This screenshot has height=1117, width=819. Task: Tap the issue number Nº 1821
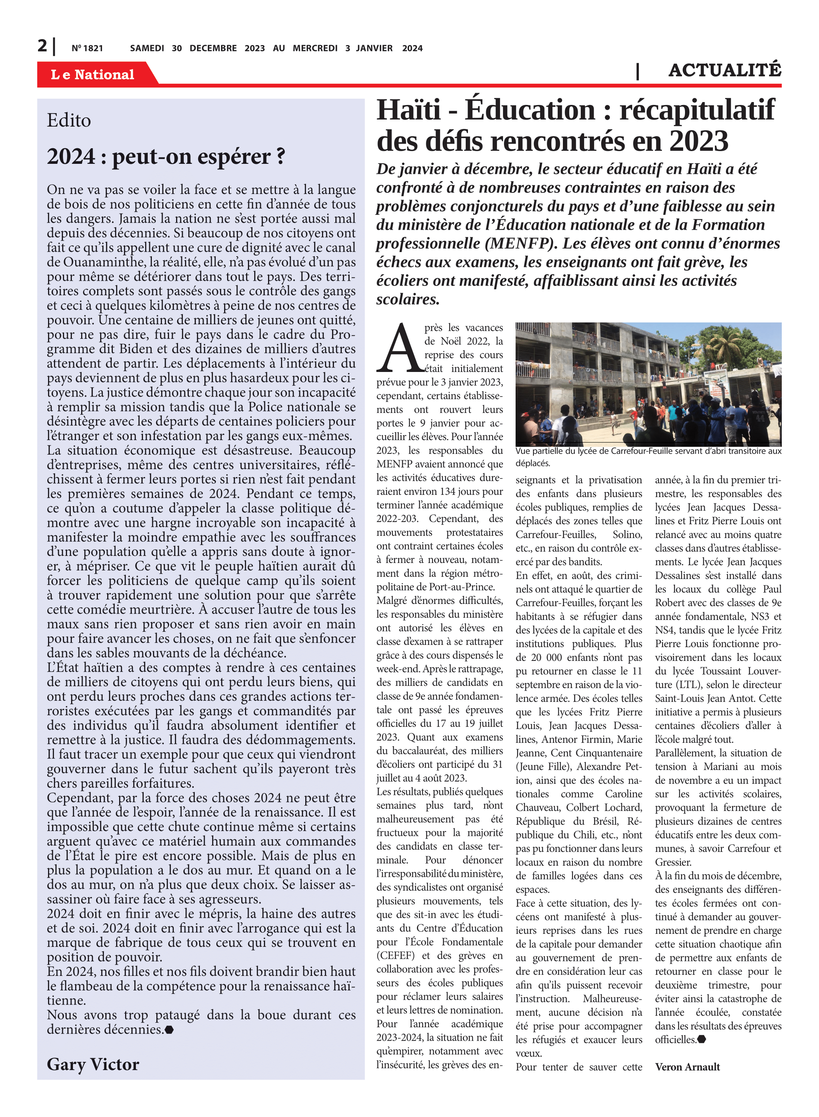[x=87, y=48]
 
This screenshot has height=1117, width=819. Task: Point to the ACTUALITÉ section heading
[x=724, y=70]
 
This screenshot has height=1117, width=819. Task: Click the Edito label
[x=69, y=121]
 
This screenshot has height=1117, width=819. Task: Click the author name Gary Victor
[x=93, y=1064]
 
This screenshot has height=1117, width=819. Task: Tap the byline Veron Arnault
[x=687, y=1066]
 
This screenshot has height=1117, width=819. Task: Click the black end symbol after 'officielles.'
[x=701, y=1039]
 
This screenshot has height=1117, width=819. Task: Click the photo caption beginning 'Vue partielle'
[x=648, y=456]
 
